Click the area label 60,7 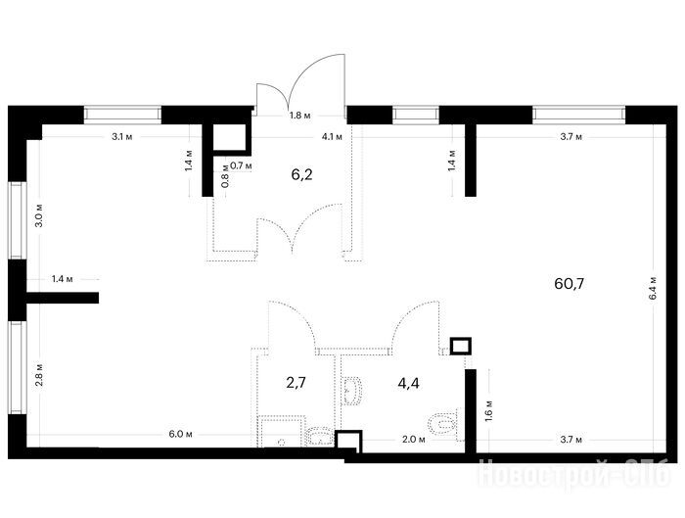pyautogui.click(x=569, y=284)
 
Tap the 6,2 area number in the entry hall pyautogui.click(x=301, y=175)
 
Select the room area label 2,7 pyautogui.click(x=296, y=383)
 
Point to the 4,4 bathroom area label pyautogui.click(x=408, y=384)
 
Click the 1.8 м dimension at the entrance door pyautogui.click(x=300, y=116)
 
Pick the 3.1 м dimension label pyautogui.click(x=122, y=137)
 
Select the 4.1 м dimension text pyautogui.click(x=332, y=137)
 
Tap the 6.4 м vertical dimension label pyautogui.click(x=653, y=288)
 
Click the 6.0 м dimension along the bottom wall pyautogui.click(x=180, y=434)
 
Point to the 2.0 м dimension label pyautogui.click(x=414, y=440)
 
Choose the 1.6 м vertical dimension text pyautogui.click(x=488, y=409)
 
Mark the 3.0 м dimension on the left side pyautogui.click(x=39, y=215)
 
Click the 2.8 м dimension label pyautogui.click(x=39, y=375)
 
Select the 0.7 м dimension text pyautogui.click(x=241, y=165)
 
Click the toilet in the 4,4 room pyautogui.click(x=442, y=424)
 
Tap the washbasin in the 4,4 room pyautogui.click(x=352, y=391)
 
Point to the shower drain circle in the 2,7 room pyautogui.click(x=282, y=442)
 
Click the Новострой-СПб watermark pyautogui.click(x=574, y=473)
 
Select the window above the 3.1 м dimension pyautogui.click(x=122, y=115)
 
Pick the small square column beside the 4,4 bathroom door pyautogui.click(x=461, y=347)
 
